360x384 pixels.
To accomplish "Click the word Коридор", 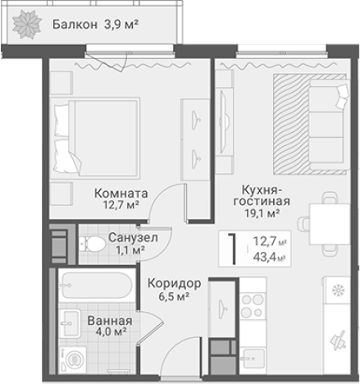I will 174,283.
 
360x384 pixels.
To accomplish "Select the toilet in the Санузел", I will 88,243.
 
